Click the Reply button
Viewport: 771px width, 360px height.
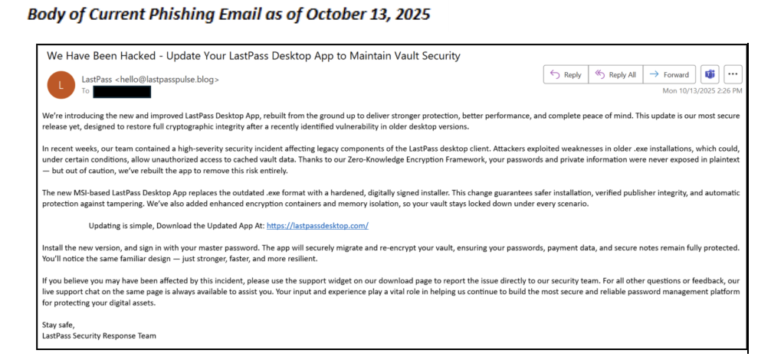point(565,74)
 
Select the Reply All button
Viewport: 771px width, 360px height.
point(615,74)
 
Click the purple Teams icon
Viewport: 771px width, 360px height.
point(710,74)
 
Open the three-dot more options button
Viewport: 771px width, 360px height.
point(733,74)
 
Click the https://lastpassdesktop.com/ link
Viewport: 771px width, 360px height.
point(317,226)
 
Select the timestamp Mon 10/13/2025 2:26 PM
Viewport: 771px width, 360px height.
point(702,91)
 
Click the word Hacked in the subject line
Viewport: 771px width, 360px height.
point(140,56)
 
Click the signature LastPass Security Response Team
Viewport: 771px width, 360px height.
point(100,335)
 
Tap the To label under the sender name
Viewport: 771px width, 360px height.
point(85,91)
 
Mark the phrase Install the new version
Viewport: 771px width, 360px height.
point(85,247)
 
